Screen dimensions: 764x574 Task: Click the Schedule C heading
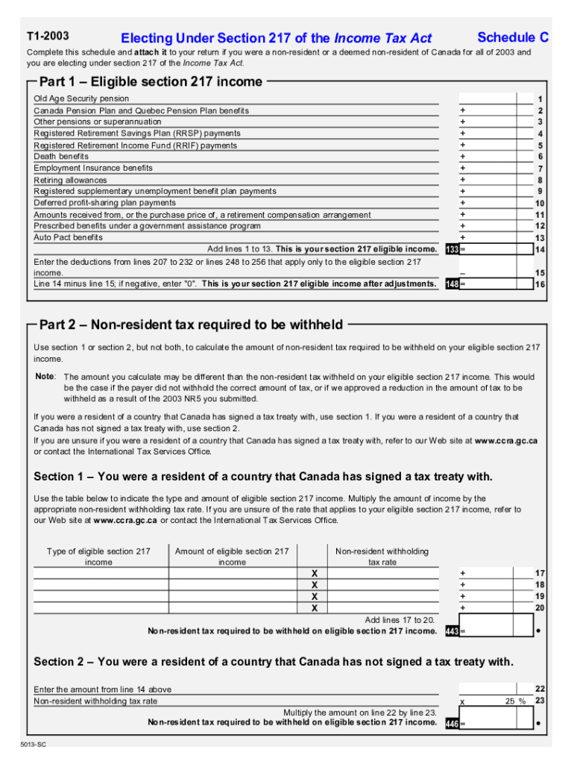(513, 37)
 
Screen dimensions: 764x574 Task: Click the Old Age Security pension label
(81, 98)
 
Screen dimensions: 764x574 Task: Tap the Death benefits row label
(61, 157)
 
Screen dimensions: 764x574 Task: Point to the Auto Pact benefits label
(69, 237)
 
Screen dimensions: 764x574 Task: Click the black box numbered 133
(451, 249)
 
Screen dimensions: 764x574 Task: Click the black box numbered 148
(451, 284)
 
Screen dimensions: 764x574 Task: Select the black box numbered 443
(451, 631)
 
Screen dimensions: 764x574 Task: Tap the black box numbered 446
(451, 723)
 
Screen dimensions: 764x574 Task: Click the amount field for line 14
(496, 249)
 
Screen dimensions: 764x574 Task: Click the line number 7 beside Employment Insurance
(540, 169)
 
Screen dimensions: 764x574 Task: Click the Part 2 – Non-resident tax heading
(191, 325)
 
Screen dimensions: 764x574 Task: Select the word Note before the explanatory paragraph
(45, 376)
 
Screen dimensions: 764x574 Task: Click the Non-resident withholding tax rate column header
(382, 557)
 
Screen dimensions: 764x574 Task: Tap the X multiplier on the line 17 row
(314, 574)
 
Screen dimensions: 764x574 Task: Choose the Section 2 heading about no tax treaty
(274, 662)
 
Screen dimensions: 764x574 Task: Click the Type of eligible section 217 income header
(98, 557)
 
